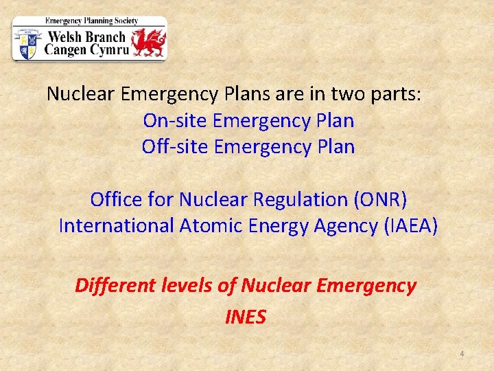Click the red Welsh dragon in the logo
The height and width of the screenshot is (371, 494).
pos(148,43)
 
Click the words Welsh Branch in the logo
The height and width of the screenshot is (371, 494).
pos(85,37)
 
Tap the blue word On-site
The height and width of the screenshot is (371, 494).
pos(176,121)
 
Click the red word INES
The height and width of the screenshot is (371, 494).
pos(245,317)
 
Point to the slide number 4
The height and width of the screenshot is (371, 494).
pos(462,354)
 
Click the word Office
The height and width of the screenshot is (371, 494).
pos(116,200)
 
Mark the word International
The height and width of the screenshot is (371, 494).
pos(115,225)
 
